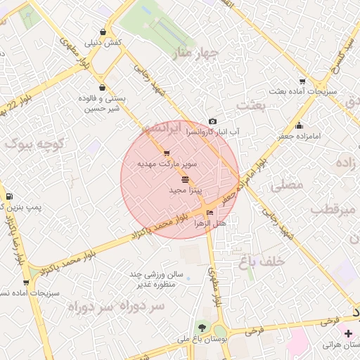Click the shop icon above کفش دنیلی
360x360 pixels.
pyautogui.click(x=103, y=32)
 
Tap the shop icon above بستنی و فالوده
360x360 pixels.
pyautogui.click(x=103, y=88)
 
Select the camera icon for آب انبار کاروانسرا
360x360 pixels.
pyautogui.click(x=213, y=122)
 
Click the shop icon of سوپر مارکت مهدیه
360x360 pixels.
pyautogui.click(x=167, y=153)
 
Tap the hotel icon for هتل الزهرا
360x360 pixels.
pyautogui.click(x=210, y=213)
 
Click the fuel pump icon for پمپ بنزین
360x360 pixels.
pyautogui.click(x=8, y=196)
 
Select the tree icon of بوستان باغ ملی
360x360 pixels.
pyautogui.click(x=202, y=328)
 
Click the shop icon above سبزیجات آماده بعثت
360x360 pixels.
pyautogui.click(x=302, y=82)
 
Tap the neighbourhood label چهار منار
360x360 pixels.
pyautogui.click(x=198, y=53)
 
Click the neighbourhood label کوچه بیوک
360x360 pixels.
pyautogui.click(x=34, y=143)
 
